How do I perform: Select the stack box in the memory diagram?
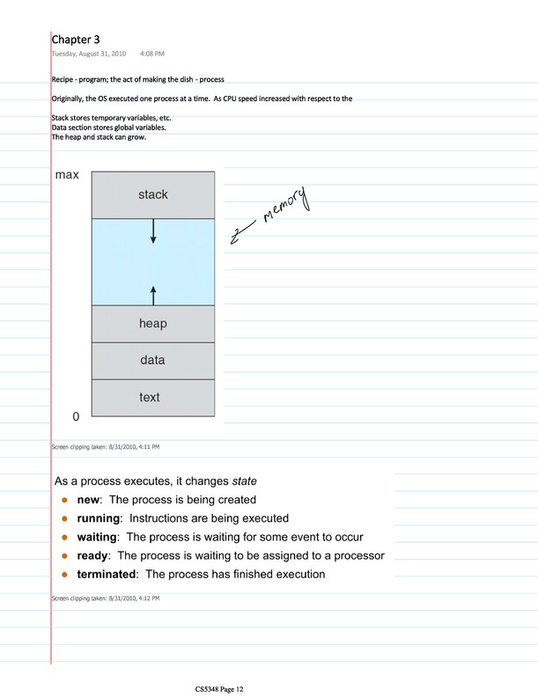(x=152, y=194)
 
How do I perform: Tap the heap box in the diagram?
(x=152, y=324)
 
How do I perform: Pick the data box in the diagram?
(x=152, y=360)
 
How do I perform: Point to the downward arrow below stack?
(x=153, y=231)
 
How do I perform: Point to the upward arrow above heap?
(x=153, y=294)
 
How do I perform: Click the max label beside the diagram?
(x=67, y=175)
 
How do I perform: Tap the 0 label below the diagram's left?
(x=76, y=415)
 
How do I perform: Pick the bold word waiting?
(x=98, y=537)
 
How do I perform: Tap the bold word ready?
(x=92, y=555)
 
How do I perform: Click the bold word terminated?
(x=107, y=575)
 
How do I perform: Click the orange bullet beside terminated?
(x=64, y=575)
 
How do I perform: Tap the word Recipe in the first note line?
(x=63, y=82)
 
